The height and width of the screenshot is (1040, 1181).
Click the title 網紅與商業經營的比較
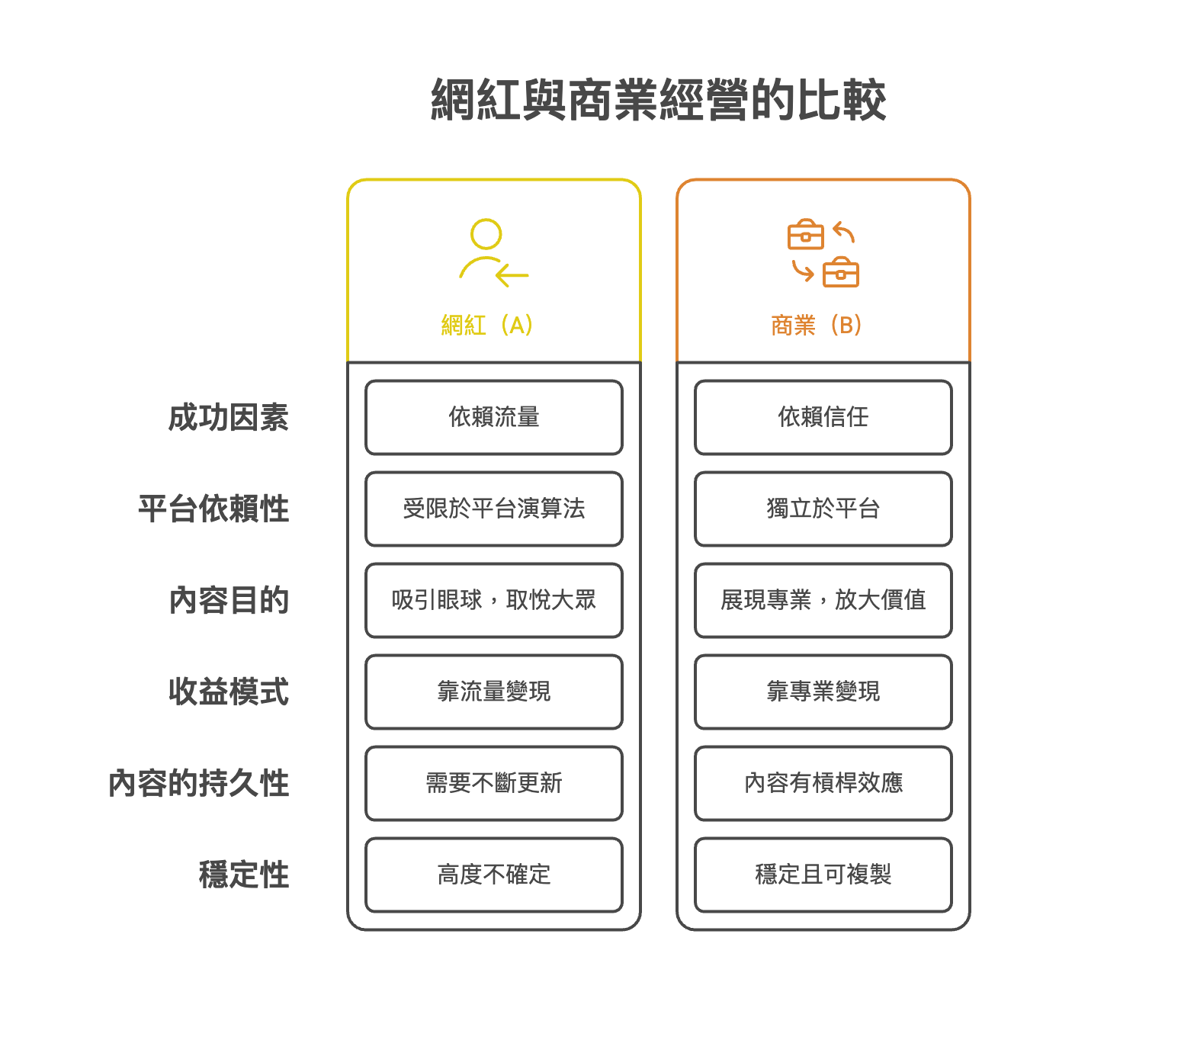[x=658, y=100]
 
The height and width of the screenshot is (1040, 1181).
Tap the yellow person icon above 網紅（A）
[x=492, y=253]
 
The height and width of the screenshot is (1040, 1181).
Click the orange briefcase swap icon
[x=823, y=253]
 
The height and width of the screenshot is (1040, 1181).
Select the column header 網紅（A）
[x=486, y=326]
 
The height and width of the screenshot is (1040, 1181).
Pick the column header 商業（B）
[x=816, y=326]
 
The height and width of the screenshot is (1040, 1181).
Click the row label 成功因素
[x=228, y=418]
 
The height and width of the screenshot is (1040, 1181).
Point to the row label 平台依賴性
[x=213, y=509]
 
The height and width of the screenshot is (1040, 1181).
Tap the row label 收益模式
[x=228, y=692]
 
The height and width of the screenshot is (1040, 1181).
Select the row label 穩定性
[x=243, y=875]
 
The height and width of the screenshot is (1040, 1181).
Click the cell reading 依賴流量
[x=494, y=418]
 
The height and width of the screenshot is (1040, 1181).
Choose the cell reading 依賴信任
[x=823, y=418]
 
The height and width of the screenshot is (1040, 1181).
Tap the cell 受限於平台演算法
[x=494, y=509]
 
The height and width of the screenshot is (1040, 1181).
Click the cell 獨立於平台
[x=823, y=509]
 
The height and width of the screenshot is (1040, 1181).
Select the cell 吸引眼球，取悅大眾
[x=494, y=601]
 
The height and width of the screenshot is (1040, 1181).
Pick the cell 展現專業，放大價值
[x=823, y=601]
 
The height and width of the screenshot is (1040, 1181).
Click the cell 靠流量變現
[x=494, y=692]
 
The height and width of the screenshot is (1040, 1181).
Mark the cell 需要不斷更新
[x=494, y=784]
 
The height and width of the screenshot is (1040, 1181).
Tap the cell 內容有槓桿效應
[x=823, y=784]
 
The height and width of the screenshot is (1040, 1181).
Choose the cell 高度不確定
[x=494, y=875]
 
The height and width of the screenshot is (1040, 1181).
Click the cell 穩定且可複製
[x=823, y=875]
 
